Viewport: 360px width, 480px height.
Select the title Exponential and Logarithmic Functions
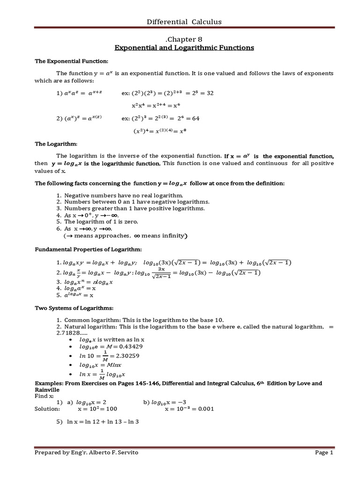click(x=184, y=48)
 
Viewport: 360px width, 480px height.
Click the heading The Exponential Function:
click(x=72, y=61)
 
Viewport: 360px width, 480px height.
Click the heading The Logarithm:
click(x=56, y=143)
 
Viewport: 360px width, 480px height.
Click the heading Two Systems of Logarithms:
click(x=75, y=308)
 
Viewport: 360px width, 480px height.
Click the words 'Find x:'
click(x=45, y=396)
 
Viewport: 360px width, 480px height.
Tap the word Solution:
click(x=47, y=409)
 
